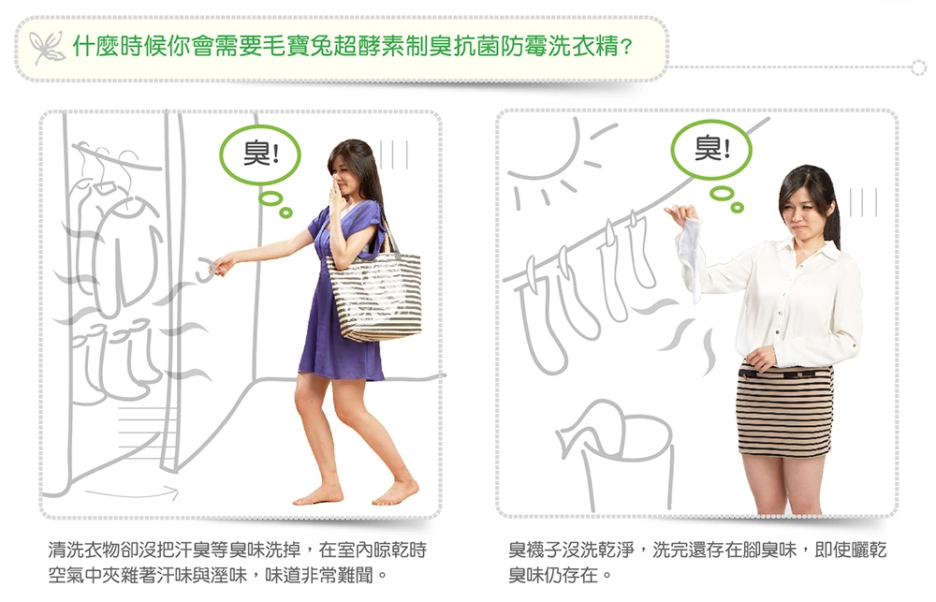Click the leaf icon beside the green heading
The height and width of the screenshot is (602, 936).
point(47,47)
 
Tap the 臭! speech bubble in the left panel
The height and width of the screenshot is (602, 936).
point(260,155)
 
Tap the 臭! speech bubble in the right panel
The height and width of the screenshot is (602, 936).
point(710,149)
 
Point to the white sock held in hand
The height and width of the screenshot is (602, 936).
point(692,257)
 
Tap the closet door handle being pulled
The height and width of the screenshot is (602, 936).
point(207,269)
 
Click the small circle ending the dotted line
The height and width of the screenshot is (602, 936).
point(918,67)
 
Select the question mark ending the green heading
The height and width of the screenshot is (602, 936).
point(627,47)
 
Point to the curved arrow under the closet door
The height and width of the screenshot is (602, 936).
point(132,493)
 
